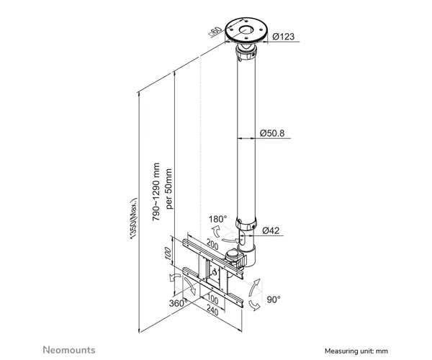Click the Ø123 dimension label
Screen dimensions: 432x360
pos(283,36)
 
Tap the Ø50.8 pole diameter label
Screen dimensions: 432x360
pos(272,133)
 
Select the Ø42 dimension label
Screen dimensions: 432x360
pos(271,230)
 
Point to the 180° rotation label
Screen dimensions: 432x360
pos(217,219)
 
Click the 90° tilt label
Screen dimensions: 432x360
pos(274,300)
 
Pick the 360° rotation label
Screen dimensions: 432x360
pos(179,303)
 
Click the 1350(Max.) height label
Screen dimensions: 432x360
pos(134,218)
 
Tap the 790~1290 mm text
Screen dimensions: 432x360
pos(156,192)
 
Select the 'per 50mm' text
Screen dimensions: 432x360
pos(169,189)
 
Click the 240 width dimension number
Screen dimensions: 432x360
pos(212,311)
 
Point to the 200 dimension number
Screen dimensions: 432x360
pos(212,245)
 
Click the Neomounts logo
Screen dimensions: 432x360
pos(69,350)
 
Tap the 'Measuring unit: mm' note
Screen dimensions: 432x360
pos(356,351)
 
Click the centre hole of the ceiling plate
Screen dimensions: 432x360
pos(246,30)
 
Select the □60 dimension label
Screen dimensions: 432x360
pos(215,32)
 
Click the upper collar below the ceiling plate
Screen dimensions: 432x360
pos(246,54)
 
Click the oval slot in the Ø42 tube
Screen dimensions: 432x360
pos(243,238)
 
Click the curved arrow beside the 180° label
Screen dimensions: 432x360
pos(216,231)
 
